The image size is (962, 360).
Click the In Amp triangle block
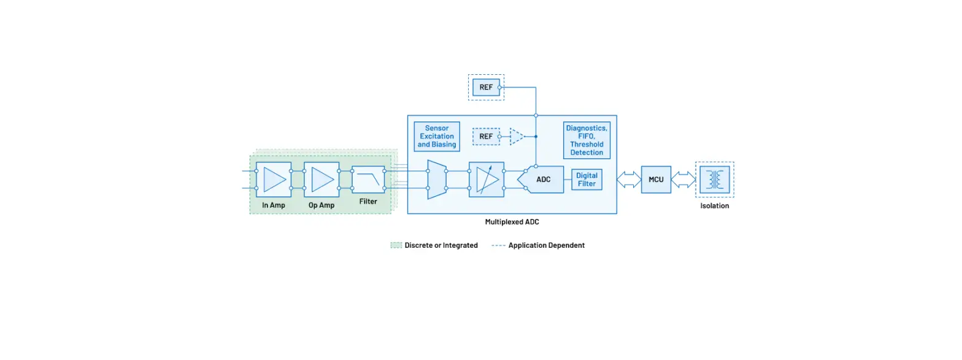(273, 180)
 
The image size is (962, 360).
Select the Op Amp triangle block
(321, 180)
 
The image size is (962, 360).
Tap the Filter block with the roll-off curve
(368, 180)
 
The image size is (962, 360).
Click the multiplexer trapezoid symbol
(437, 180)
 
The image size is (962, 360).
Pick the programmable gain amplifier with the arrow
(486, 180)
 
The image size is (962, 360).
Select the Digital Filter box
(587, 180)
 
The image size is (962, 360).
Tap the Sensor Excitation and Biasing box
(437, 137)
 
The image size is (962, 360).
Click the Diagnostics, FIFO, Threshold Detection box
(587, 139)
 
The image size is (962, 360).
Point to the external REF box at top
(486, 88)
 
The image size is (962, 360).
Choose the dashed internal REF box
(486, 136)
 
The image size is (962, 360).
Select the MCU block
(656, 180)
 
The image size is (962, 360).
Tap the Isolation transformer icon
(715, 180)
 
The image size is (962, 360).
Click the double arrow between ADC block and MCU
(629, 180)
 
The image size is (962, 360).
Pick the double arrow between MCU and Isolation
(683, 180)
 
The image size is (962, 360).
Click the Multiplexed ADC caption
(512, 222)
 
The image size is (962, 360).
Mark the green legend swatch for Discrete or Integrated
(396, 245)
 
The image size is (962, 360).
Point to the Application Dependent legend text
(546, 245)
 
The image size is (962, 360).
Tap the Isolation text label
(715, 206)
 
